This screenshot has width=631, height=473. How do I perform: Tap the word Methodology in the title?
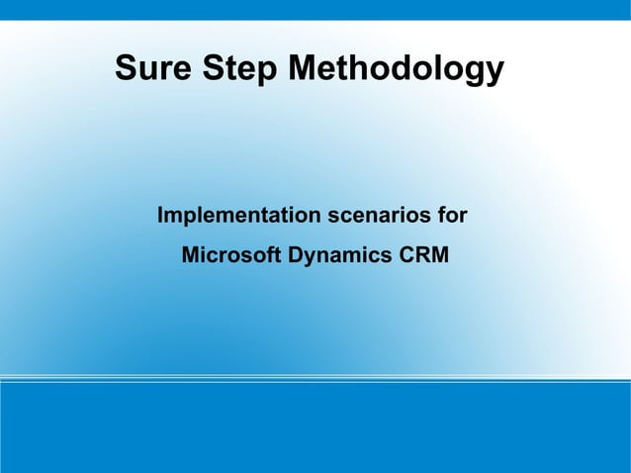[x=396, y=71]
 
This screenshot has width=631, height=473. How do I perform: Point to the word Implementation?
[x=238, y=216]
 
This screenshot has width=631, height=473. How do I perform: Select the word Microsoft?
[x=231, y=255]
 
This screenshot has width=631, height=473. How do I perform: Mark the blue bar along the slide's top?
[x=315, y=9]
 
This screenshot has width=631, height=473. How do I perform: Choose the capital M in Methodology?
[x=305, y=69]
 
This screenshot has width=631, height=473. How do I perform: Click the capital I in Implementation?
[x=161, y=215]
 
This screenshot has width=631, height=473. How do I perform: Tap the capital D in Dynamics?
[x=295, y=255]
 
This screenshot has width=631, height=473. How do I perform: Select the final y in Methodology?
[x=495, y=74]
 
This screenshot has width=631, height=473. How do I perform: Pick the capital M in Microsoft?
[x=191, y=255]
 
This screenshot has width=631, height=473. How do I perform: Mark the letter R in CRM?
[x=422, y=255]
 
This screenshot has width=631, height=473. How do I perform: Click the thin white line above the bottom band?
[x=315, y=378]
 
